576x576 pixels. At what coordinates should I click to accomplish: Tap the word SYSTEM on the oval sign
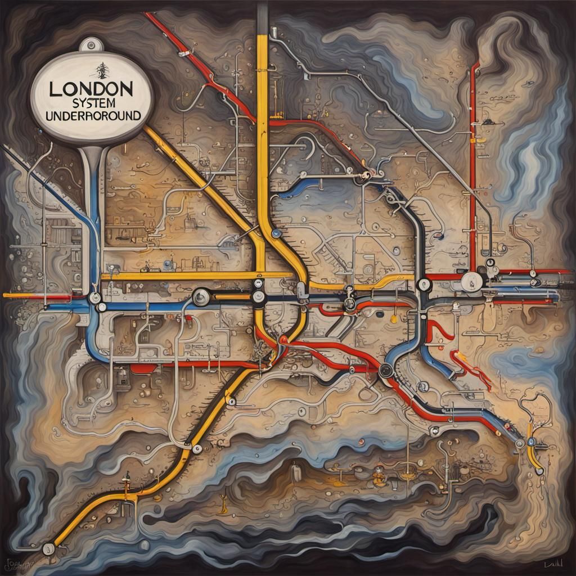(x=91, y=103)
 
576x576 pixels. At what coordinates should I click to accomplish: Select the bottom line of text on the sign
(x=92, y=116)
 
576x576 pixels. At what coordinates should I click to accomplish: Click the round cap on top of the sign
(x=88, y=44)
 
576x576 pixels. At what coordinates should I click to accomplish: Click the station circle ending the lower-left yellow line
(x=49, y=546)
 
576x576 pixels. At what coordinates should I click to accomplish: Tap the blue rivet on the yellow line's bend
(x=276, y=232)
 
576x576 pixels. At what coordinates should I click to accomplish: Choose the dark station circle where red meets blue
(x=385, y=370)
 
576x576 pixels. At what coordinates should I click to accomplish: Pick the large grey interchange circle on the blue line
(x=201, y=296)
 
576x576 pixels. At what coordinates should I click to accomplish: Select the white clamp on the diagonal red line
(x=183, y=55)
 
